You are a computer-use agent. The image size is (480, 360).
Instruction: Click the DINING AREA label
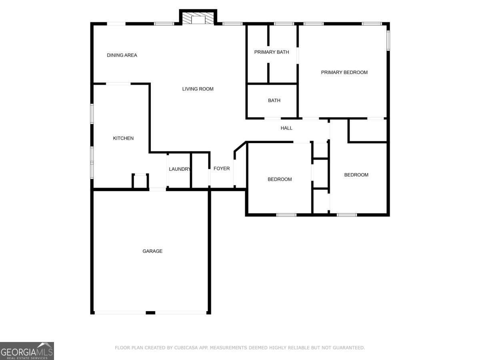122,55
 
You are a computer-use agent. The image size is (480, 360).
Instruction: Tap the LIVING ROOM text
198,89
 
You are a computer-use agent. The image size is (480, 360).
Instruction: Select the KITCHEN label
123,138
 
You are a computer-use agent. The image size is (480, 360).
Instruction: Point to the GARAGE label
152,251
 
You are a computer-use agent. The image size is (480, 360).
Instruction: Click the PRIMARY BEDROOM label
344,72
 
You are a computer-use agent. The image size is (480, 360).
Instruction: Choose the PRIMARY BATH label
271,52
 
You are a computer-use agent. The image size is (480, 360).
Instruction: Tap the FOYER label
222,168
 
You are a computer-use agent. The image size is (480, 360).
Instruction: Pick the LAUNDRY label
180,169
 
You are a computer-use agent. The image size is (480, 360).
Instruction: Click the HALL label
286,128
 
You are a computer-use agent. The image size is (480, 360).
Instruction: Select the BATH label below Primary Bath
274,100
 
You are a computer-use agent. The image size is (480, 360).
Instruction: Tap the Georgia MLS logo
27,351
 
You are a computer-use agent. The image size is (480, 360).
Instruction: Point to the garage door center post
150,313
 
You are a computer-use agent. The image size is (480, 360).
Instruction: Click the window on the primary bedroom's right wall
388,40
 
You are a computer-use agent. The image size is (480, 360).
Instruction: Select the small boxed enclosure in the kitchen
140,181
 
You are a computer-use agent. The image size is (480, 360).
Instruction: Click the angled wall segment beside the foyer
240,146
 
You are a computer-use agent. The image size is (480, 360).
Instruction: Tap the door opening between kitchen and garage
158,189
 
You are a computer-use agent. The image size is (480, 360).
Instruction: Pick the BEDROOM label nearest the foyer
280,179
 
